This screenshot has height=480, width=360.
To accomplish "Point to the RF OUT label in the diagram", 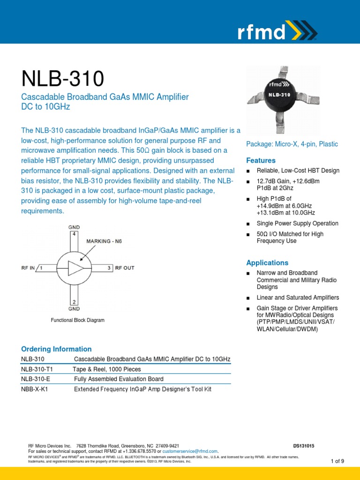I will (124, 268).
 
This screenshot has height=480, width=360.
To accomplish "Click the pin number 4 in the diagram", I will (73, 233).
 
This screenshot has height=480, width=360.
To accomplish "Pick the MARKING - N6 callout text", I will (105, 241).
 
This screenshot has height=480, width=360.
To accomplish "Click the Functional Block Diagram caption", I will (77, 320).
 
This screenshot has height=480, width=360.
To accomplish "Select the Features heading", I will (261, 160).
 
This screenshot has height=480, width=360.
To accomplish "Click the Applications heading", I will (267, 262).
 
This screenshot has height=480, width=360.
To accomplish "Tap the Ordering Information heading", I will (56, 349).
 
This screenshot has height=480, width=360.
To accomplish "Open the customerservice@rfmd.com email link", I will (190, 451).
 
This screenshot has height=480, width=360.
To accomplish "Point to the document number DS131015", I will (303, 446).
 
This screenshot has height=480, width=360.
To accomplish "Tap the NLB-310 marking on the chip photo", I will (279, 95).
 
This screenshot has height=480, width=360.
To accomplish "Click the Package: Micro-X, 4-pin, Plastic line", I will (292, 144).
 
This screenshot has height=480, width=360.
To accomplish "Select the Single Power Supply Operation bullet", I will (297, 224).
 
